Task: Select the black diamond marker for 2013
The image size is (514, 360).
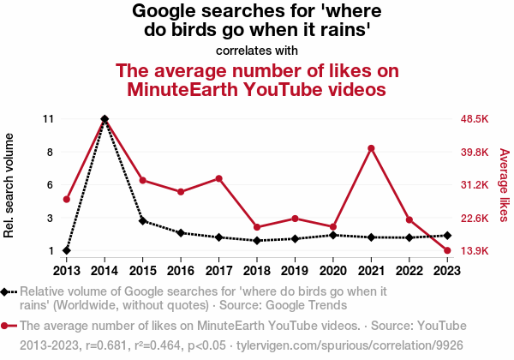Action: (x=66, y=250)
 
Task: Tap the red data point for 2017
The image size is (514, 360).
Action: (x=218, y=178)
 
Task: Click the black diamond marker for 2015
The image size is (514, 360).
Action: (x=142, y=220)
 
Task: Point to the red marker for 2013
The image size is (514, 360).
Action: (x=66, y=199)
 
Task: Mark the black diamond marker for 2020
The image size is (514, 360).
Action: (x=333, y=235)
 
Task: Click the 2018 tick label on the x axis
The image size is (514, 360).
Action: (x=257, y=272)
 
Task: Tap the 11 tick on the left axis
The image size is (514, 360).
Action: (x=48, y=118)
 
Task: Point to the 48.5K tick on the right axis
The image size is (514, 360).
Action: (x=474, y=118)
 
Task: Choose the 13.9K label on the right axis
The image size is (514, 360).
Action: (x=474, y=251)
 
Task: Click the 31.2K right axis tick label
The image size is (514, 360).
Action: (x=474, y=185)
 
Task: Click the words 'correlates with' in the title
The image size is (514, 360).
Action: (x=257, y=50)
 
